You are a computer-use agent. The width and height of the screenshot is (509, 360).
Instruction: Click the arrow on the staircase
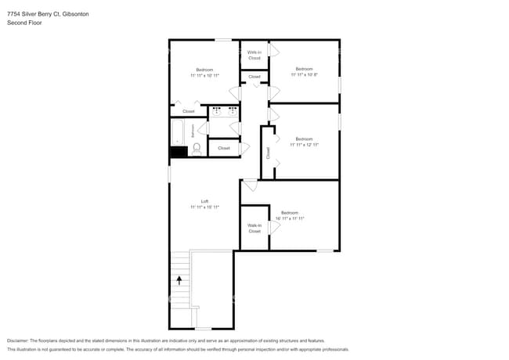[x=179, y=278]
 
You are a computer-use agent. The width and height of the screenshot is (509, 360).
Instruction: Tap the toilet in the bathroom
[x=196, y=148]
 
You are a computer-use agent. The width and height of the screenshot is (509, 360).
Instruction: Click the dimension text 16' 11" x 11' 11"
[x=290, y=218]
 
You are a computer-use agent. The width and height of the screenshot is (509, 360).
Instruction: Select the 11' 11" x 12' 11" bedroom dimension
[x=304, y=145]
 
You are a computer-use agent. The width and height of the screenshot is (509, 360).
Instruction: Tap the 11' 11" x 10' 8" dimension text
[x=304, y=75]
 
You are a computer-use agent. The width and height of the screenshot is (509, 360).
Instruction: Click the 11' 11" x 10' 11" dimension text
[x=204, y=75]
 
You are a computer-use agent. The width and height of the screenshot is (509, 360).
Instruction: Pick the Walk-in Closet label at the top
[x=254, y=55]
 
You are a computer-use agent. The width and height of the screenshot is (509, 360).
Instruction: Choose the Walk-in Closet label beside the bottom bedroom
[x=254, y=229]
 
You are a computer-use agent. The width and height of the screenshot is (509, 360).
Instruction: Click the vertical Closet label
[x=268, y=153]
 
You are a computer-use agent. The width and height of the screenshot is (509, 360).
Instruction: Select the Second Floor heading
[x=24, y=23]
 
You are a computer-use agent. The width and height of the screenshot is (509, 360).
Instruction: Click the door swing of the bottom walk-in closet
[x=274, y=226]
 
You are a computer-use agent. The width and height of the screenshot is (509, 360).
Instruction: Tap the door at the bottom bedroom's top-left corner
[x=250, y=185]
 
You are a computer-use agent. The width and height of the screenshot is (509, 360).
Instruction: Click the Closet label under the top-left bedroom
[x=189, y=111]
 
